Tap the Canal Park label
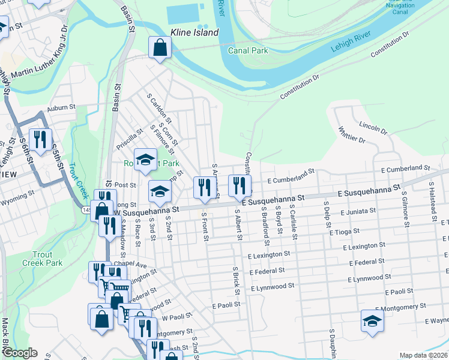pos(248,50)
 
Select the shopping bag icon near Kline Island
pos(160,48)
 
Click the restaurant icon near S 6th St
pos(40,140)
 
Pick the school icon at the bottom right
pos(372,322)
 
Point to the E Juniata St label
pos(358,212)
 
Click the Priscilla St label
pos(130,139)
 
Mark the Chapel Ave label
pos(133,265)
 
